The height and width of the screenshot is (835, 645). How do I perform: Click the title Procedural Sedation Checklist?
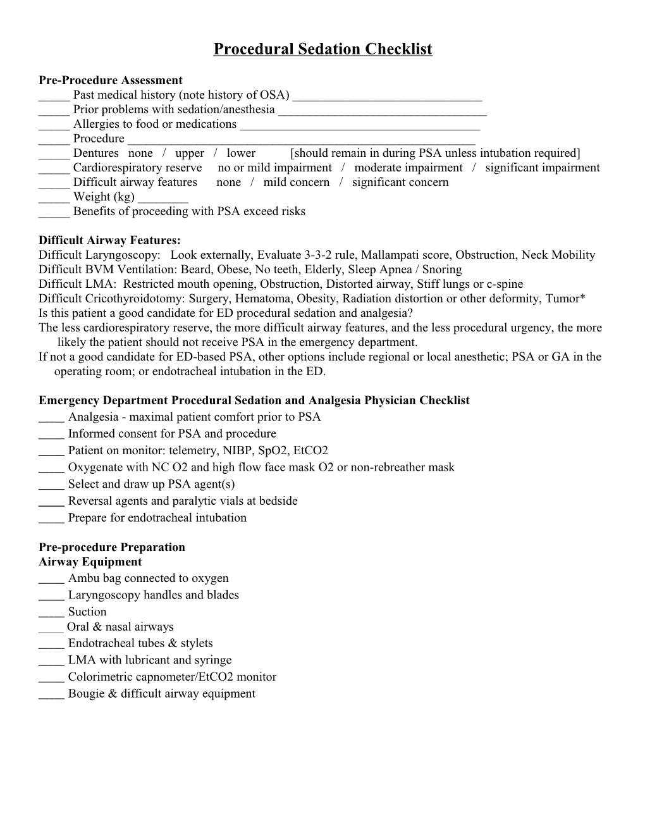322,49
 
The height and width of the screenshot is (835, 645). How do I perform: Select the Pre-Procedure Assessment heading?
110,80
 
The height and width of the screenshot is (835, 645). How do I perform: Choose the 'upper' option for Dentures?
190,153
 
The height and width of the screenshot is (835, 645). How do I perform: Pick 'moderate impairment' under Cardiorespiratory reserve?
408,168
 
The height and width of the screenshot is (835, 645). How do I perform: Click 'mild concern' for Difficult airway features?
296,182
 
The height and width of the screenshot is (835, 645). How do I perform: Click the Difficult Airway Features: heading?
109,240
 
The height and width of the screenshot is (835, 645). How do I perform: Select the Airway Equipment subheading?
90,562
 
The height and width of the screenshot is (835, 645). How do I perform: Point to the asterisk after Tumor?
582,297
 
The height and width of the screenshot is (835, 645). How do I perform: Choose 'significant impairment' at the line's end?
542,168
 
